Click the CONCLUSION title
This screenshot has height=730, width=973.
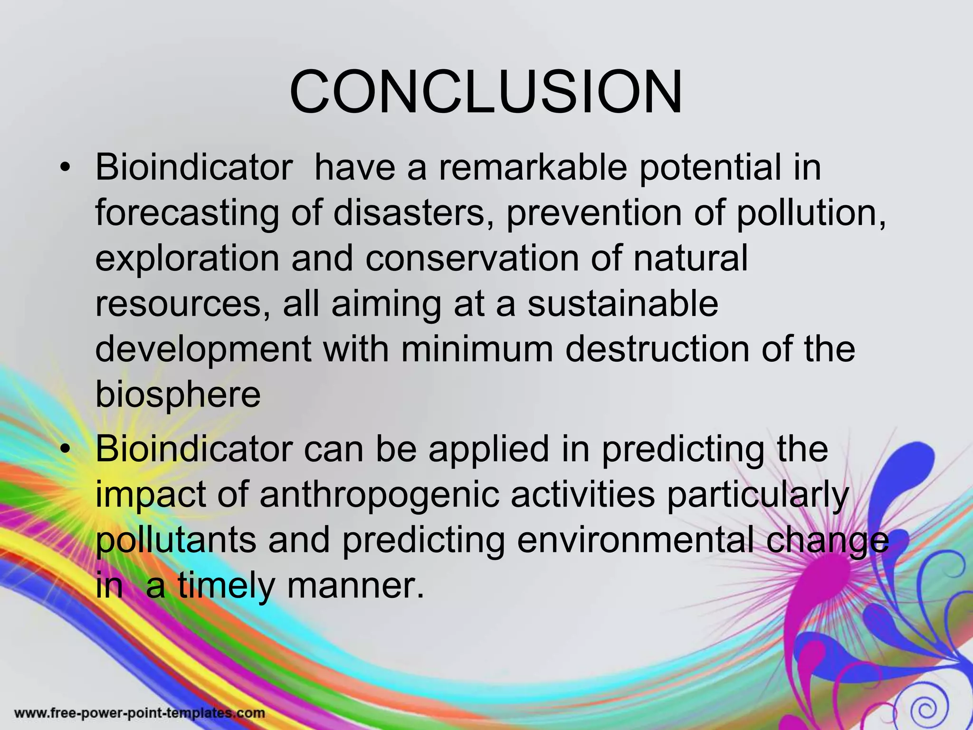coord(486,92)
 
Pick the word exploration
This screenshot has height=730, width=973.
coord(187,259)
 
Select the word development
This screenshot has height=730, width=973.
coord(203,350)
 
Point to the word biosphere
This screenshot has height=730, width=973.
coord(178,394)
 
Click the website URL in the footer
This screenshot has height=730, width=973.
coord(139,713)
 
